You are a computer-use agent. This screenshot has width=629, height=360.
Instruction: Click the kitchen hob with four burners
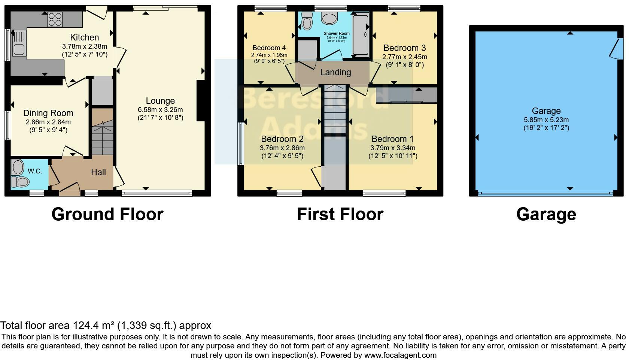pos(55,19)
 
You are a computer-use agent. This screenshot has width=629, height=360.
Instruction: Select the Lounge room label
pos(160,101)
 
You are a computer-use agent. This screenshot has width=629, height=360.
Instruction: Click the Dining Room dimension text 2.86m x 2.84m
pos(48,122)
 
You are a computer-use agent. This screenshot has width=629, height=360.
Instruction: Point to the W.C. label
pos(35,171)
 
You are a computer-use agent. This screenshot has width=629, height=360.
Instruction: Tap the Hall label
pos(98,172)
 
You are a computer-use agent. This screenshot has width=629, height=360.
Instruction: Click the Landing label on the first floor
pos(335,72)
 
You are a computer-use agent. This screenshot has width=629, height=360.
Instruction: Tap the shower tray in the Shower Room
pos(361,36)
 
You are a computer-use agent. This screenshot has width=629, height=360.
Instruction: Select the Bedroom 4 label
pos(269,48)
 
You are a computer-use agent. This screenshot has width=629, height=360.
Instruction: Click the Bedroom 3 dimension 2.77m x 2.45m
pos(404,57)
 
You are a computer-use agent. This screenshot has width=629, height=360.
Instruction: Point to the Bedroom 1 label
pos(392,139)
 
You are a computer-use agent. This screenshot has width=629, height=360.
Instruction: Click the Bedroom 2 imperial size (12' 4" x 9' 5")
pos(282,156)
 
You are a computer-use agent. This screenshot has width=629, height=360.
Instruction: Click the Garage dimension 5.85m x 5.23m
pos(546,120)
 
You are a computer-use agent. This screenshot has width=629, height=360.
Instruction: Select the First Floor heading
pos(340,215)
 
